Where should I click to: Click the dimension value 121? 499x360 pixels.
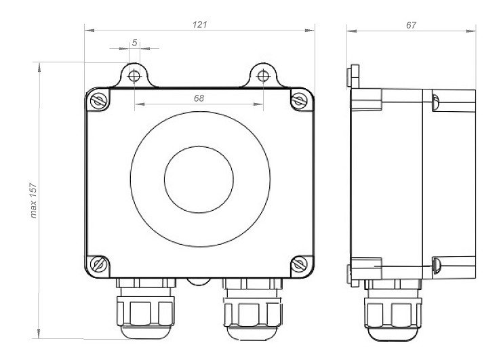200,24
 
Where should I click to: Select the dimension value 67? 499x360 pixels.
411,25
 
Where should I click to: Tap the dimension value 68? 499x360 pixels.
199,98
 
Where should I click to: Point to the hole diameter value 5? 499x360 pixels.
135,43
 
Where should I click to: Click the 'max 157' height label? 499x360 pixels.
34,201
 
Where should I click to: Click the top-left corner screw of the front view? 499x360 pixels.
98,101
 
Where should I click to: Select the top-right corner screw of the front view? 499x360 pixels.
299,100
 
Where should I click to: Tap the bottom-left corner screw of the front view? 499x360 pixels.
98,265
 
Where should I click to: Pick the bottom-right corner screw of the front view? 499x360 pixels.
300,264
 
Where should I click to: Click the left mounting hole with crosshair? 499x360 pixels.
134,76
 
